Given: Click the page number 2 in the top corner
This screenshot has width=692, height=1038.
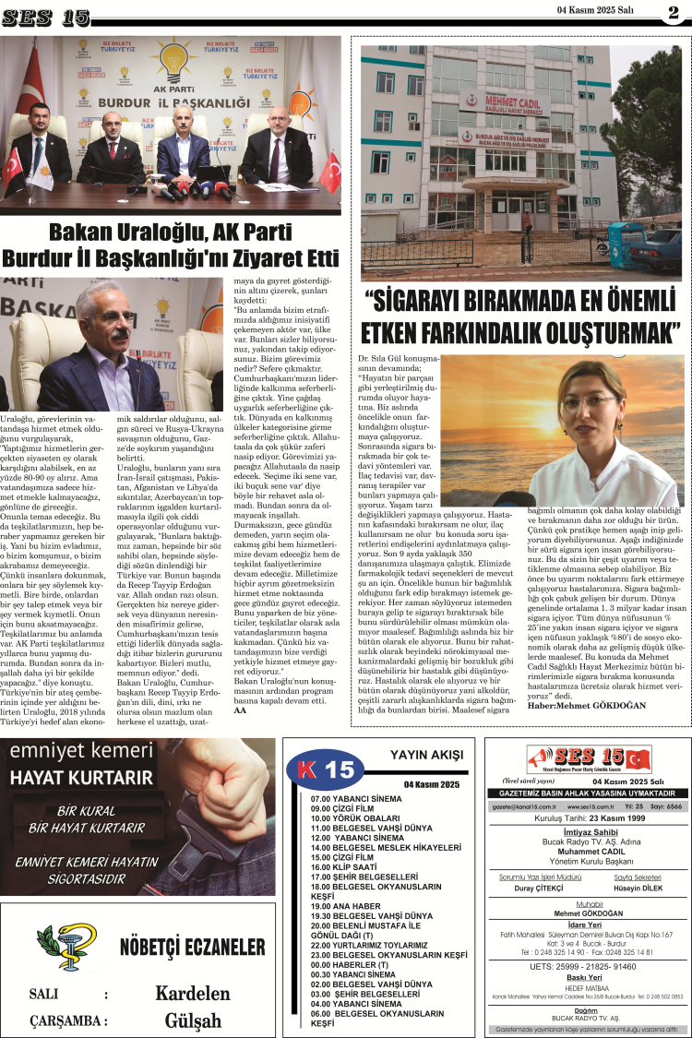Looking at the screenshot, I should click(x=674, y=12).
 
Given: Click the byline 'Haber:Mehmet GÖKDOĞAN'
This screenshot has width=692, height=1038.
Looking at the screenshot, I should click(x=579, y=706).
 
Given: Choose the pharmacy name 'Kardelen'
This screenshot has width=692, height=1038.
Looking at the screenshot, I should click(x=192, y=993).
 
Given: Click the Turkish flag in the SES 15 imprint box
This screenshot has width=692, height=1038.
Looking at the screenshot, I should click(x=638, y=759).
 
